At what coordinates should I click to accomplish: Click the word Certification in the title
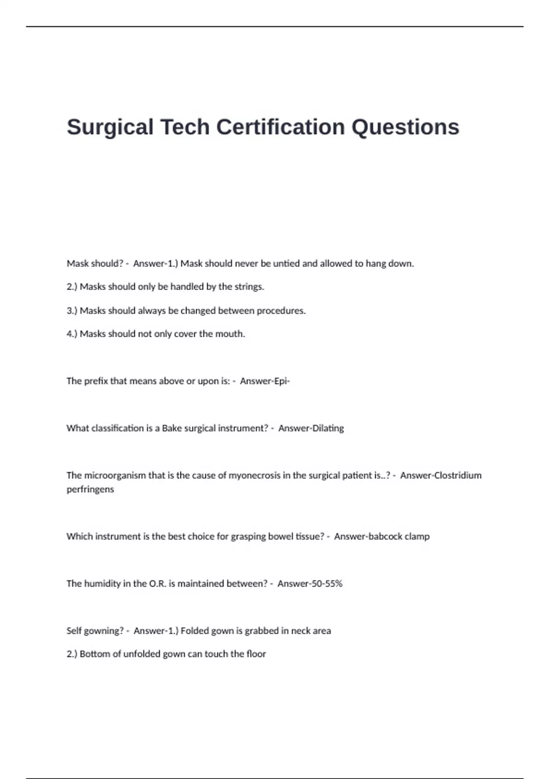click(280, 127)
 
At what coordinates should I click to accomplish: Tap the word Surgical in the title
click(110, 127)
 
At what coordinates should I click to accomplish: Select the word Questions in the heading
click(405, 127)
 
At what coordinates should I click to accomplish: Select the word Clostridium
click(457, 475)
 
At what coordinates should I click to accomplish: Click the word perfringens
click(90, 489)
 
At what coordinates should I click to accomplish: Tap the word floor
click(256, 654)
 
